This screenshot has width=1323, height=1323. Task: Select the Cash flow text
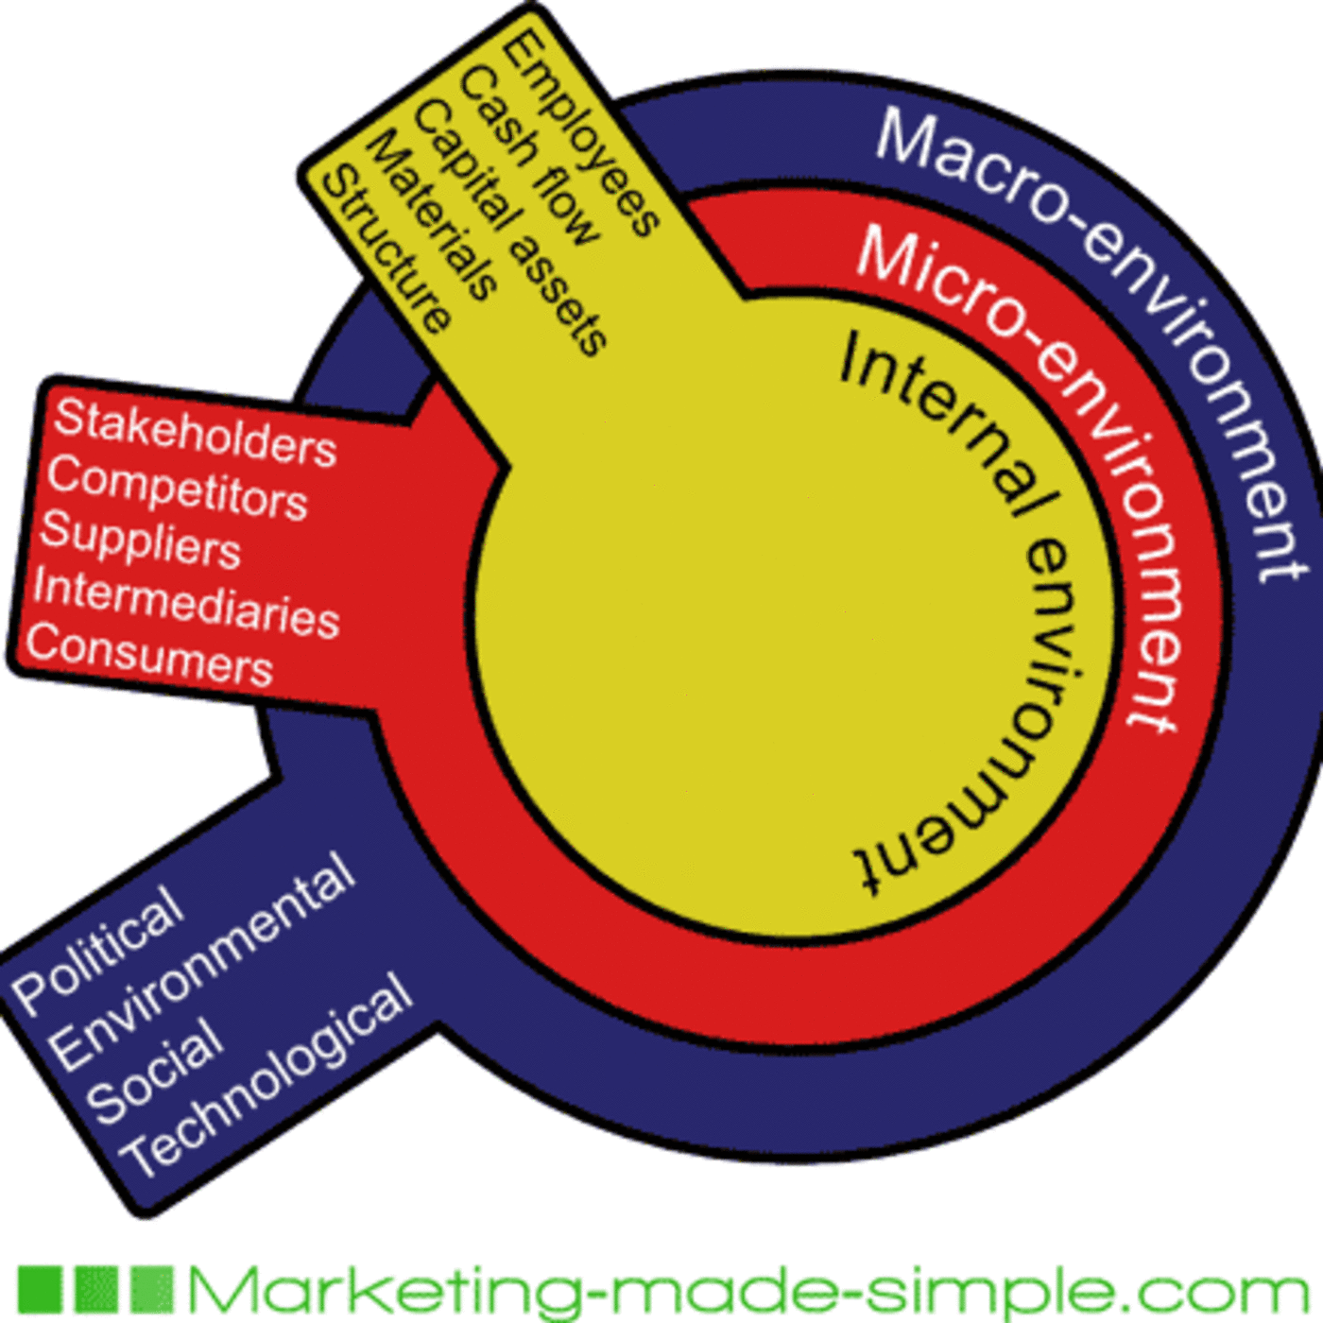(x=528, y=157)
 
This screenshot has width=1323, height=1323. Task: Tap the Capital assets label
(x=510, y=228)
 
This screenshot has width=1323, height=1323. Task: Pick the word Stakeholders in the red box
(x=195, y=433)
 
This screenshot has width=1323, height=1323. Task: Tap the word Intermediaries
(x=186, y=602)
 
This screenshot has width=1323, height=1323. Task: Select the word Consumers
(x=149, y=655)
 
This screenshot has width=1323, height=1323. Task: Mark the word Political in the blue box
(x=97, y=949)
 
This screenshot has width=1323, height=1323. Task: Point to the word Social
(x=155, y=1072)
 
